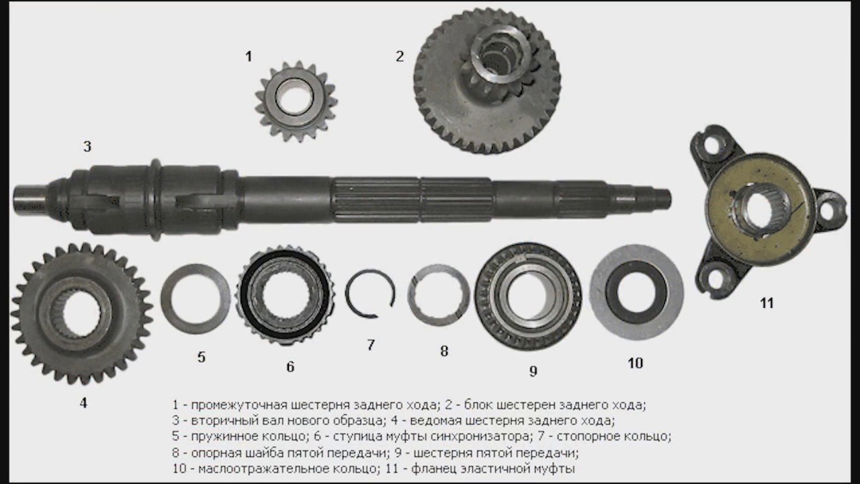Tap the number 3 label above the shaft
pyautogui.click(x=87, y=147)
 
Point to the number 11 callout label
pyautogui.click(x=767, y=303)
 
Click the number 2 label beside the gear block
pyautogui.click(x=400, y=56)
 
